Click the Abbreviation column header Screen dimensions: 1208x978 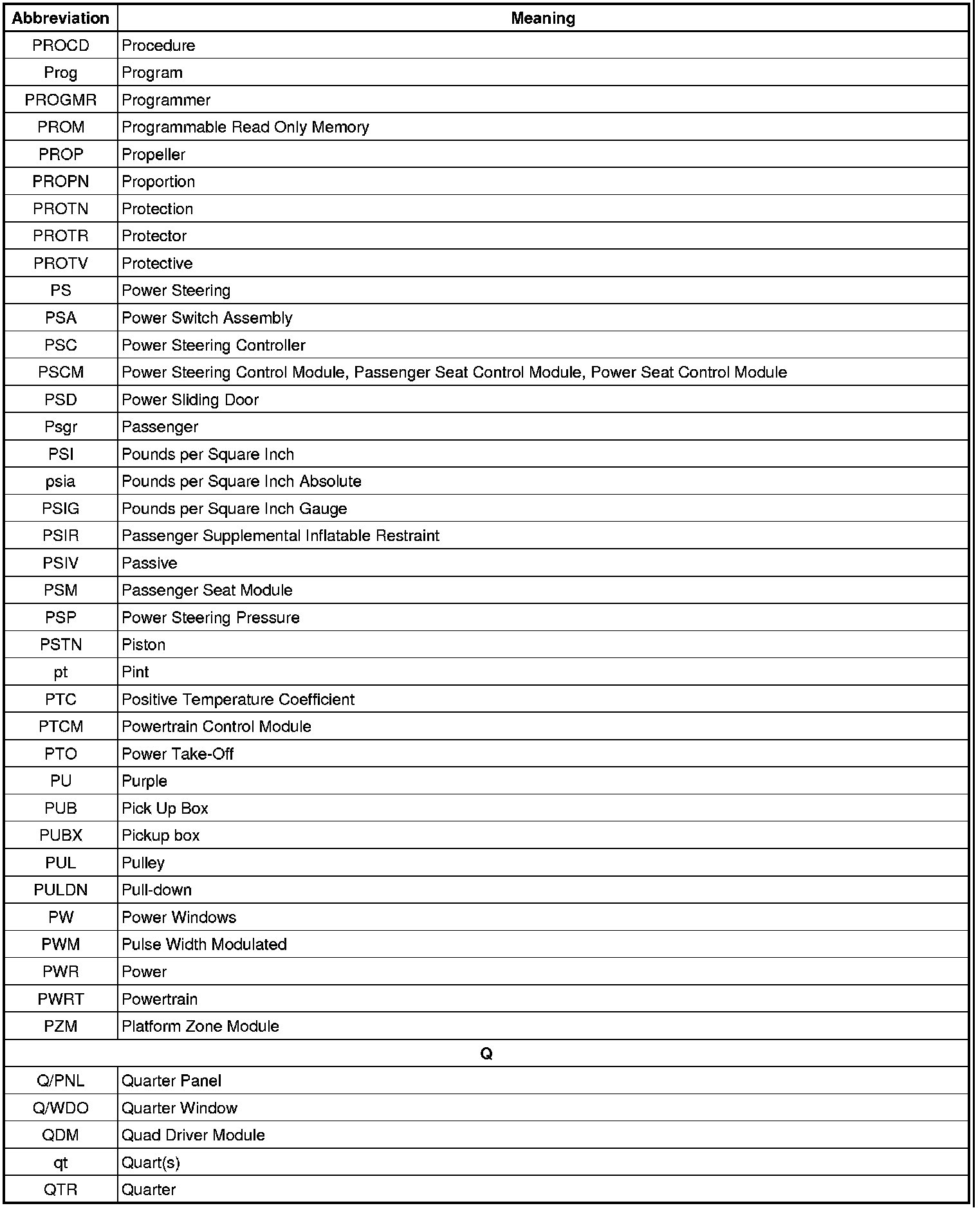click(x=60, y=18)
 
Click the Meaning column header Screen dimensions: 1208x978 click(x=542, y=18)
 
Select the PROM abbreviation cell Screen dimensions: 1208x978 click(x=60, y=127)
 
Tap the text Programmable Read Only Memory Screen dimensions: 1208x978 click(x=245, y=127)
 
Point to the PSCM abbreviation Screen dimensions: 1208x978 click(x=60, y=372)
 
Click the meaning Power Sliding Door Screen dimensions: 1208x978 click(x=190, y=400)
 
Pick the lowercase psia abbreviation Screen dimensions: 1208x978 click(x=60, y=482)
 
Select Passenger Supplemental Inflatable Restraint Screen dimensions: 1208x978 click(x=280, y=536)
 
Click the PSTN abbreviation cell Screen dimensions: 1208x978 click(x=60, y=645)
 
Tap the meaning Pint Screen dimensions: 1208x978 click(x=135, y=672)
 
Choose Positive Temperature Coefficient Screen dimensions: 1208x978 click(x=237, y=699)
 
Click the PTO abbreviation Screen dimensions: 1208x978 click(x=60, y=754)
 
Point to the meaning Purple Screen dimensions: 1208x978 click(x=144, y=782)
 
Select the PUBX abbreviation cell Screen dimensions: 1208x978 click(x=60, y=836)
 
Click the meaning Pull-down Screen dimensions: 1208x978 click(x=156, y=890)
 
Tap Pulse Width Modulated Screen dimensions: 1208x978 click(x=204, y=945)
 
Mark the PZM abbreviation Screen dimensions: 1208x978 click(x=60, y=1027)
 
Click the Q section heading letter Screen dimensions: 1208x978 click(x=486, y=1054)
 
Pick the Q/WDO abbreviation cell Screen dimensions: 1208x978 click(x=60, y=1108)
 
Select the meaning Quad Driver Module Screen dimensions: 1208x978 click(x=193, y=1135)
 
